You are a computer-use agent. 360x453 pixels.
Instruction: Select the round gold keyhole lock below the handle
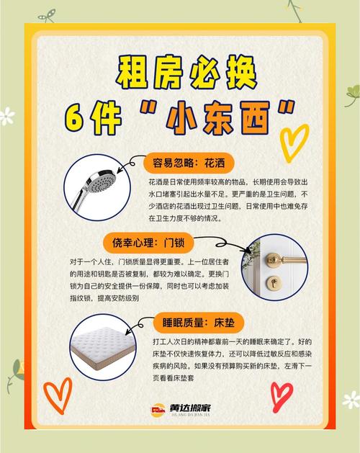[x=272, y=281]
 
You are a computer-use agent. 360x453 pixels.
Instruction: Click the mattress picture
[x=103, y=345]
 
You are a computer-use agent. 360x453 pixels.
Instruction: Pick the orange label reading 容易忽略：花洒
[x=189, y=163]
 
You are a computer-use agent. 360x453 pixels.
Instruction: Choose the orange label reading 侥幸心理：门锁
[x=148, y=243]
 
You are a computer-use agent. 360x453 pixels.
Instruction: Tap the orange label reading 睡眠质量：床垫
[x=198, y=323]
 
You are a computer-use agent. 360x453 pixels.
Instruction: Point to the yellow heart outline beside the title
[x=294, y=143]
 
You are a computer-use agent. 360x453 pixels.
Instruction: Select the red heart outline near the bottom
[x=281, y=396]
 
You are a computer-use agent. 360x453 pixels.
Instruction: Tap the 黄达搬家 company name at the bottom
[x=190, y=408]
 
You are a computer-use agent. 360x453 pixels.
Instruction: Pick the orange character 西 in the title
[x=256, y=118]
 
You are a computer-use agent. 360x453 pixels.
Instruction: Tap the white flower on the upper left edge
[x=6, y=116]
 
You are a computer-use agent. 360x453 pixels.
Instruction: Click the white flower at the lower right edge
[x=351, y=400]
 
